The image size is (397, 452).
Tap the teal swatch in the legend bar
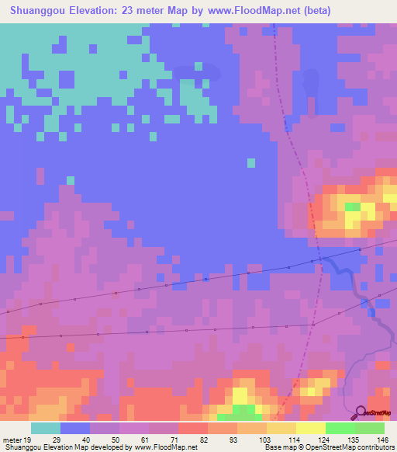(x=46, y=428)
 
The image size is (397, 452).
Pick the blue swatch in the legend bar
(x=75, y=428)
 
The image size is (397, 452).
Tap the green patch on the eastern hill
(x=353, y=207)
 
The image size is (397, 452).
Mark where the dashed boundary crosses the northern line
(x=319, y=260)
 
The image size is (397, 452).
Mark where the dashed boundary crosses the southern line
(x=312, y=323)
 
